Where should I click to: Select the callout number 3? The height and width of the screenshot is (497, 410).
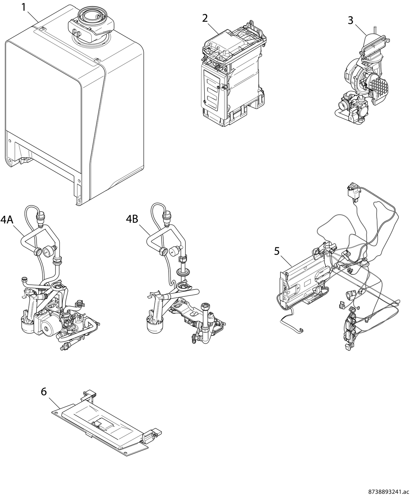351,20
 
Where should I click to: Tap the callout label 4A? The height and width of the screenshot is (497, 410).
7,220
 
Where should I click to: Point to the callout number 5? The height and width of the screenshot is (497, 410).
277,251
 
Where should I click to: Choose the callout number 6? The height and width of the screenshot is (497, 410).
44,392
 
